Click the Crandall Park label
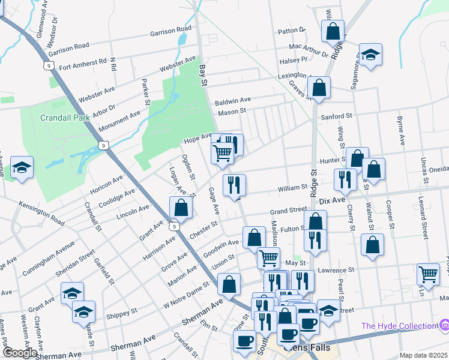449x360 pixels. pyautogui.click(x=65, y=118)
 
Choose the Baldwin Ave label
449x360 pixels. pyautogui.click(x=233, y=100)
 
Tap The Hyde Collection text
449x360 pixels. pyautogui.click(x=399, y=326)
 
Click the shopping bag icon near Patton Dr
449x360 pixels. pyautogui.click(x=333, y=31)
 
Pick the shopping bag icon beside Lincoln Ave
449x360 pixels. pyautogui.click(x=181, y=208)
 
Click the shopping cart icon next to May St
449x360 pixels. pyautogui.click(x=268, y=258)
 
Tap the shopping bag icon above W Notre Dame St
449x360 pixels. pyautogui.click(x=229, y=284)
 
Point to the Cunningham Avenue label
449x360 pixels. pyautogui.click(x=50, y=259)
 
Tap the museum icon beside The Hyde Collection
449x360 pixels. pyautogui.click(x=444, y=325)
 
